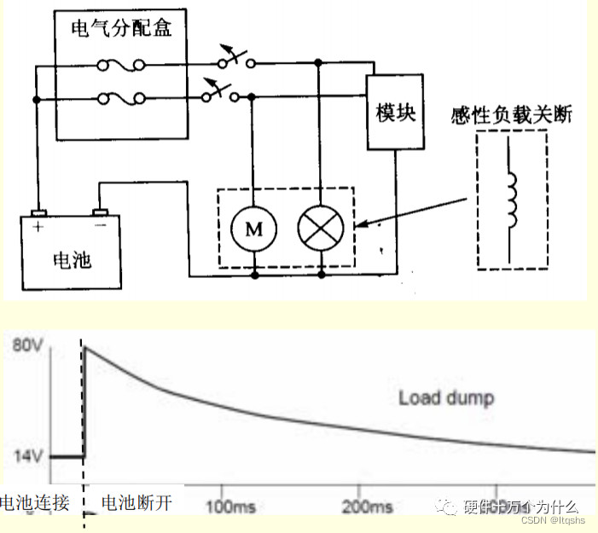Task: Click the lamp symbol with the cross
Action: point(320,228)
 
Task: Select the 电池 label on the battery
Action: point(72,258)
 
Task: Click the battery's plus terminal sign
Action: point(38,228)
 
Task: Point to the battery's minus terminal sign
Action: point(100,228)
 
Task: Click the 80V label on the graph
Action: point(26,345)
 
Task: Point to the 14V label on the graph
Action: point(26,455)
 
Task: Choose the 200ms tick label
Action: point(365,507)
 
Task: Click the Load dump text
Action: point(446,397)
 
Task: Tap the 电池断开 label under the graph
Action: point(136,503)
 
